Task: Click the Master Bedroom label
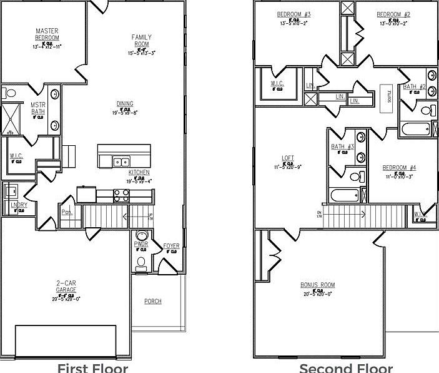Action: [47, 34]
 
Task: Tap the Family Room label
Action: [142, 41]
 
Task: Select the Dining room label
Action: [125, 104]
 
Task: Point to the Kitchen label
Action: [139, 172]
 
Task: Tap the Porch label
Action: [153, 302]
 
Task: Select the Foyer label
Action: [171, 246]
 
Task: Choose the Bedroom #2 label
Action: [393, 14]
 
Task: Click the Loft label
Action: [288, 158]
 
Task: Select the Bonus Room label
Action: [318, 285]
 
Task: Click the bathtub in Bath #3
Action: [345, 195]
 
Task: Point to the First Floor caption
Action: [93, 367]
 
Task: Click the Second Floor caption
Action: [346, 367]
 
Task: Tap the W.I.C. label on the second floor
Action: [277, 83]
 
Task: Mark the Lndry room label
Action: [17, 204]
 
